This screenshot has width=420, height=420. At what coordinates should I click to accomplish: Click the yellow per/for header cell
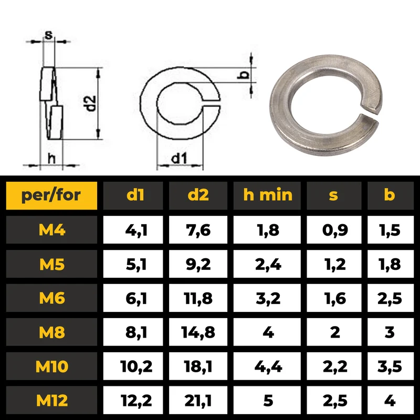[51, 195]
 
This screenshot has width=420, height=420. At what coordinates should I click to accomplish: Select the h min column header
[267, 195]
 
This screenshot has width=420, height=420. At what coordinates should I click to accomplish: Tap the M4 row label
[51, 230]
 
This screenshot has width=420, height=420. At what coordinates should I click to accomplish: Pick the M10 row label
[51, 366]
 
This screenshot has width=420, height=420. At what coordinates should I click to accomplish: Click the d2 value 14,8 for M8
[198, 332]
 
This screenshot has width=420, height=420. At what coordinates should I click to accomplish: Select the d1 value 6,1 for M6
[136, 298]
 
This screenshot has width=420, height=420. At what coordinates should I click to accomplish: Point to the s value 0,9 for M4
[335, 230]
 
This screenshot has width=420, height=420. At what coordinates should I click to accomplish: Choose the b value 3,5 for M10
[390, 366]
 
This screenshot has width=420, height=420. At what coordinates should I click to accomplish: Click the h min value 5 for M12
[268, 401]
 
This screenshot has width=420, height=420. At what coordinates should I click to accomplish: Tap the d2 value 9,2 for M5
[198, 264]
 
